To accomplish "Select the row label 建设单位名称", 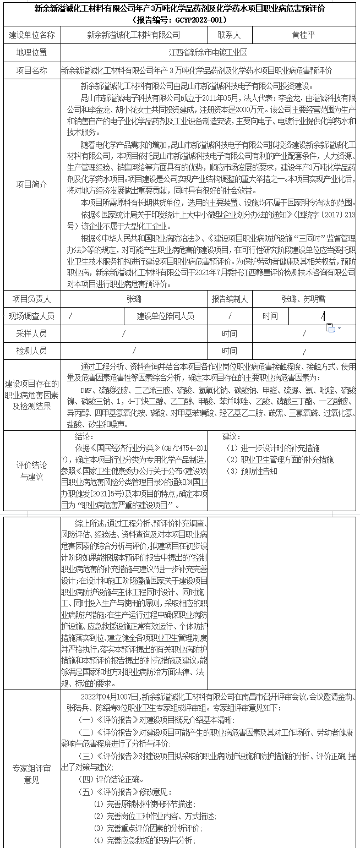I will [31, 35].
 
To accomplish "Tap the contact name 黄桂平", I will [304, 35].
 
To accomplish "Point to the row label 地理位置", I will [31, 53].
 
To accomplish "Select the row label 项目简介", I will [31, 185].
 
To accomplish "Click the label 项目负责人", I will [31, 299].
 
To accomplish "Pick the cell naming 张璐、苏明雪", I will [303, 299].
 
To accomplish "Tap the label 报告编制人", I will [230, 299].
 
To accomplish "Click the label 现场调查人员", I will [31, 316].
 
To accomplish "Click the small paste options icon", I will [331, 328].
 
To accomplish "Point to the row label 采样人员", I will [31, 333].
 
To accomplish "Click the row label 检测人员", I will [31, 351].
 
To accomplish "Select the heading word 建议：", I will [232, 436].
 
